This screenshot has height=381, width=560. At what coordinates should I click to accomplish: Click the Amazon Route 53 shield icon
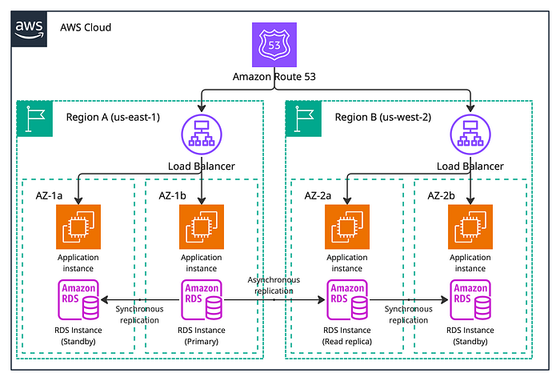274,45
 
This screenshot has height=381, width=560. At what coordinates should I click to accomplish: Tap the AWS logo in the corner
29,29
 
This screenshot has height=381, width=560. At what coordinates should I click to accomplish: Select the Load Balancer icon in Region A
202,134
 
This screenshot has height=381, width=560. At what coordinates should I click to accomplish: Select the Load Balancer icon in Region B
470,134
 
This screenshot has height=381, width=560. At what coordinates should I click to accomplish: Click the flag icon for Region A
35,118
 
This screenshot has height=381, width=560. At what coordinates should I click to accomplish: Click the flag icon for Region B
303,118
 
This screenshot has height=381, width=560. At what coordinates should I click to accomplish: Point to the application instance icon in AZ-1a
78,227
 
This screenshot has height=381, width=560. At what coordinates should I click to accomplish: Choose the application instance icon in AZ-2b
470,227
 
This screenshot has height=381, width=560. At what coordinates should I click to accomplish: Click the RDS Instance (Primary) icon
202,299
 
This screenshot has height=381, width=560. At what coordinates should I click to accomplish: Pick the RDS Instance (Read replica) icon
347,299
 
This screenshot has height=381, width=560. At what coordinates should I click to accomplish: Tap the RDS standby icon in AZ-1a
78,299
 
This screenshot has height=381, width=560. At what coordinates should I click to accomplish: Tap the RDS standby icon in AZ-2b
470,299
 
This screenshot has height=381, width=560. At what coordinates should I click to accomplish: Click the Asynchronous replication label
274,285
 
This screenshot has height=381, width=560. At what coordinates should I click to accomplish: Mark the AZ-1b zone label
173,195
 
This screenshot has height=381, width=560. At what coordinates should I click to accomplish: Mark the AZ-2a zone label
318,195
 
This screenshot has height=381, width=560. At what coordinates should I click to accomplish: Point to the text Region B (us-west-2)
383,117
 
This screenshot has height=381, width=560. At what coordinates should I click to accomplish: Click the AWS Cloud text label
86,27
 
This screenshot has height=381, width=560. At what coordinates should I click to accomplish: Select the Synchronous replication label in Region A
140,315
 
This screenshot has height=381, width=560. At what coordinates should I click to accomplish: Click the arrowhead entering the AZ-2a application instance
347,201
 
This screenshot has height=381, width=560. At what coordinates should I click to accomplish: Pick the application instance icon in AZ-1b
202,227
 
